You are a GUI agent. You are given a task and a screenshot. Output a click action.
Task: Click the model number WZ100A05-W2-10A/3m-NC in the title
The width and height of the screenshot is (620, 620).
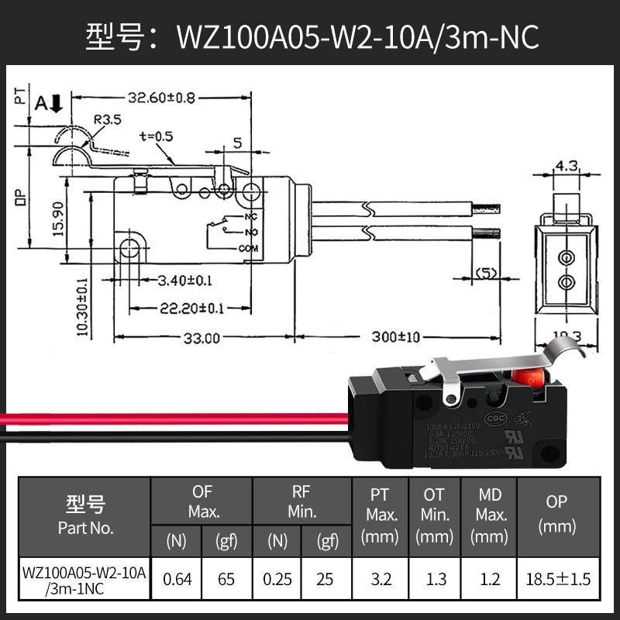coord(357,36)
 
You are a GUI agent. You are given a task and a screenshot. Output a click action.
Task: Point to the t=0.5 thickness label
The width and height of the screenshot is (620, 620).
coord(157,136)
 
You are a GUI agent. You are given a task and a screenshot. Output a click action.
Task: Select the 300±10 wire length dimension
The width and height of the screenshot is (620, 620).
coord(394,338)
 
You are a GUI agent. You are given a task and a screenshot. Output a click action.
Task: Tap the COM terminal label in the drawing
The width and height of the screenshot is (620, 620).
coord(248,249)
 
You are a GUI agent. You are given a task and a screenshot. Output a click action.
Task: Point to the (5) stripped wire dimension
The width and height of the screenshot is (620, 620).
coord(486,273)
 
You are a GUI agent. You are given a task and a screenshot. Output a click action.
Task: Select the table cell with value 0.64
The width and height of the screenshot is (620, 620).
coord(177,578)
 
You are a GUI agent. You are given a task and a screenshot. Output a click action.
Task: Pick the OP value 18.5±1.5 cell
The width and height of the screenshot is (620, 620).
coord(556,578)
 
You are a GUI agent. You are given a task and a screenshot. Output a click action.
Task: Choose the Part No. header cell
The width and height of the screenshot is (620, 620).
coord(85,515)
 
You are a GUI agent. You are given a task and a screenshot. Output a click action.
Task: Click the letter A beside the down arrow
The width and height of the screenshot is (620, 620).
coord(41,101)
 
